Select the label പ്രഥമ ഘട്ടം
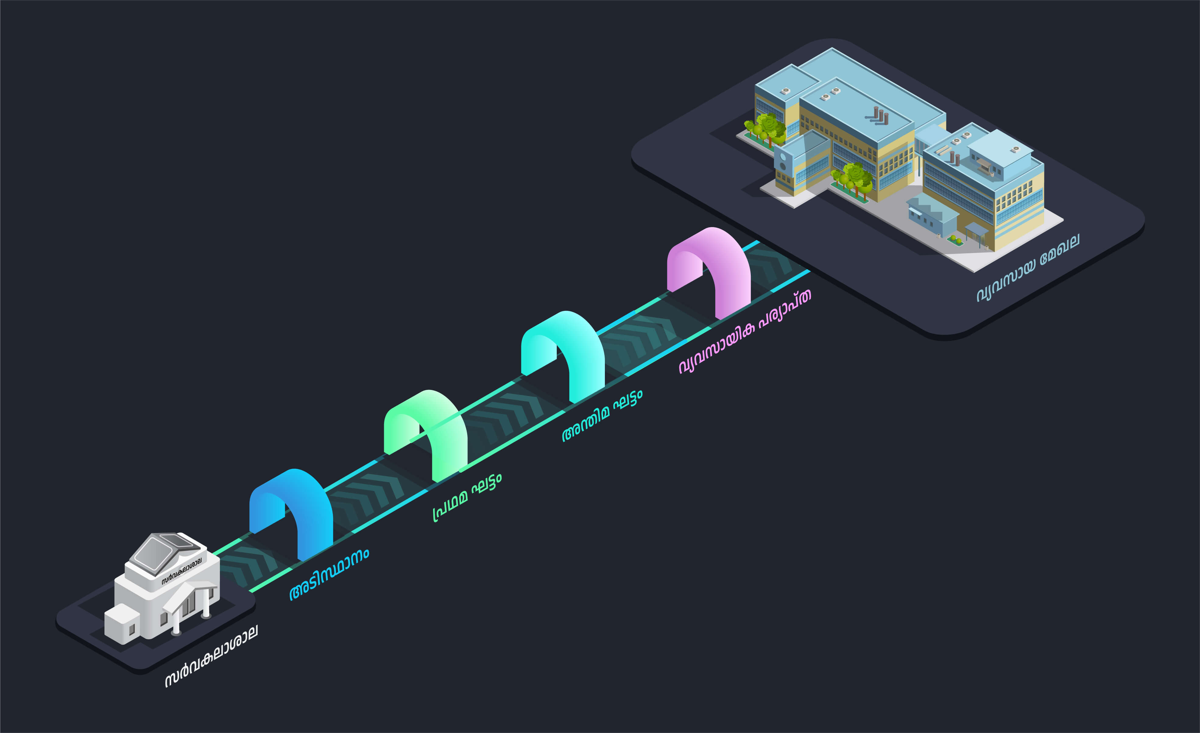tap(467, 497)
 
